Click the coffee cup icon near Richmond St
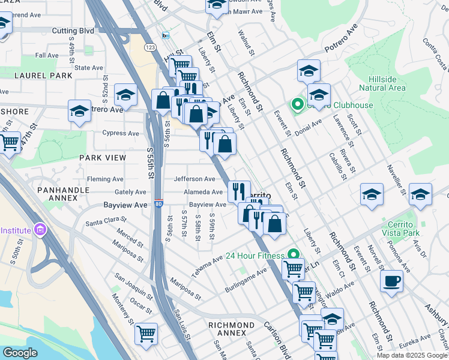[391, 281]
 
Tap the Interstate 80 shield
[158, 204]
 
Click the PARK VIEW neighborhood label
[103, 158]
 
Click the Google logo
[20, 353]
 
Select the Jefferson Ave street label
[194, 179]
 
